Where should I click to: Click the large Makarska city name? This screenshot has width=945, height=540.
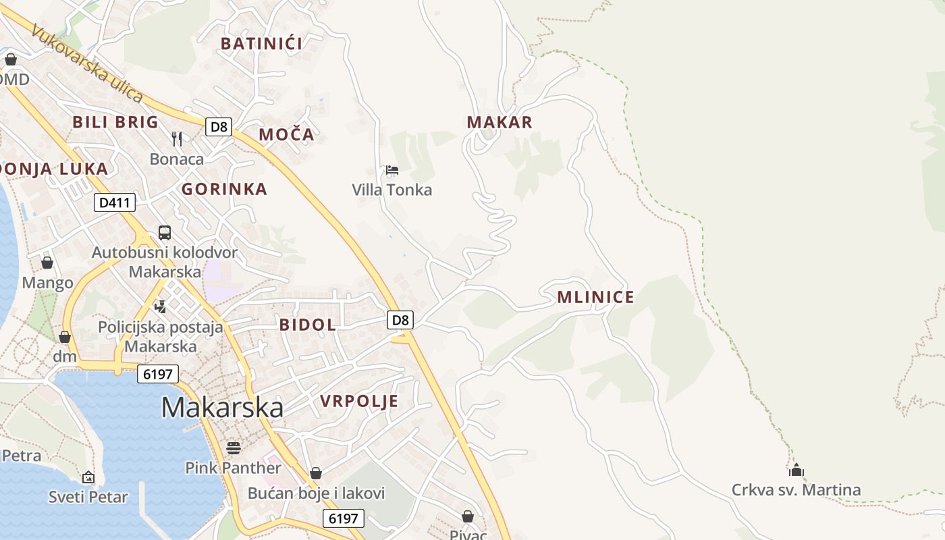(222, 408)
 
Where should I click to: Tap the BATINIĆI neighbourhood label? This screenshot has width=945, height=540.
(261, 44)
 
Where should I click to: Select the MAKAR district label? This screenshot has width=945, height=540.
(500, 122)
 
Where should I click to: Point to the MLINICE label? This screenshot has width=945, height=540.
(595, 297)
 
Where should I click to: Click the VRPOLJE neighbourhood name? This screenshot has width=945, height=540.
(359, 402)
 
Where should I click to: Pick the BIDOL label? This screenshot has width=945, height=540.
(308, 325)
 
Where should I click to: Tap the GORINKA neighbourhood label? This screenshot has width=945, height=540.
(224, 189)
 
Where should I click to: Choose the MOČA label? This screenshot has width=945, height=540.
(286, 134)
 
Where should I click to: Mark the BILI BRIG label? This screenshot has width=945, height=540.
(115, 122)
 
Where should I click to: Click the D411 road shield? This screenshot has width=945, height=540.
(115, 202)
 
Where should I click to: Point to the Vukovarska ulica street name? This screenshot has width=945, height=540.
(87, 65)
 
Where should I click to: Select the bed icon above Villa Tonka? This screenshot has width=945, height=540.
(392, 170)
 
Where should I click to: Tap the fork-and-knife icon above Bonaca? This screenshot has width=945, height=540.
(177, 139)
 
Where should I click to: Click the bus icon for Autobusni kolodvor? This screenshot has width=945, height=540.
(165, 233)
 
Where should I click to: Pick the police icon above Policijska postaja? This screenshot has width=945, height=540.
(160, 307)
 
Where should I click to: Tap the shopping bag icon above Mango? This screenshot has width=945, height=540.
(47, 262)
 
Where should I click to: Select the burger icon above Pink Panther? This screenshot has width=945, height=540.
(234, 448)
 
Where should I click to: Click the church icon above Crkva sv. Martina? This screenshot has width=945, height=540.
(796, 470)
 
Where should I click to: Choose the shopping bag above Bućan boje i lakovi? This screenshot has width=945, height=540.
(316, 474)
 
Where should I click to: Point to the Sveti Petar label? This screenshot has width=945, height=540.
(88, 497)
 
